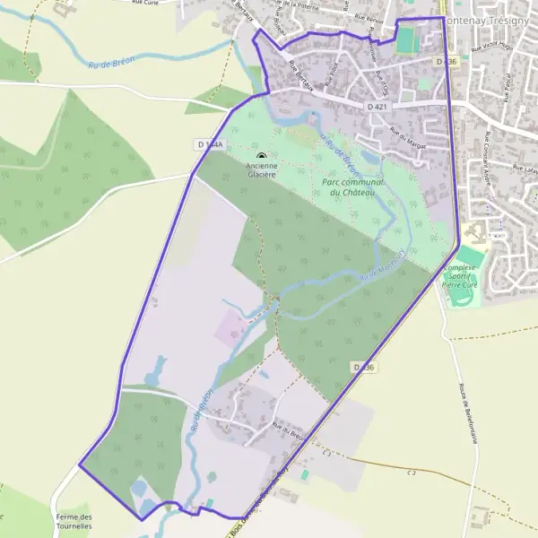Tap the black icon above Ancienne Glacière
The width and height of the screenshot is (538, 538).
click(x=261, y=157)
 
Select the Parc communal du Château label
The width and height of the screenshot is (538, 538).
click(x=351, y=187)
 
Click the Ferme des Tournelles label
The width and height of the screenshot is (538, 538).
click(x=74, y=522)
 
